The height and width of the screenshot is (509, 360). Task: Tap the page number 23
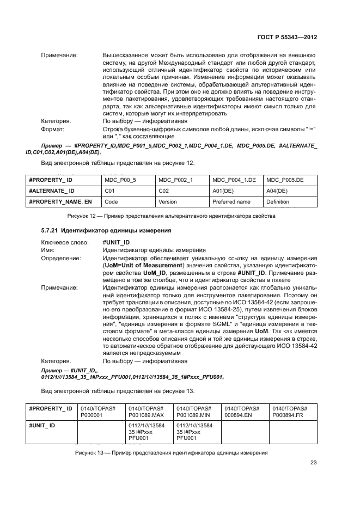(313, 463)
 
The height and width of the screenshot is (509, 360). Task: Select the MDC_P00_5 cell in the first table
(117, 179)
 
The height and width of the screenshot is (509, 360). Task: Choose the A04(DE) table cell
(277, 191)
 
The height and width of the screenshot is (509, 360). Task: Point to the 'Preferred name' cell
(231, 201)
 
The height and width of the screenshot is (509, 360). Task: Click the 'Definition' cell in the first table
(278, 201)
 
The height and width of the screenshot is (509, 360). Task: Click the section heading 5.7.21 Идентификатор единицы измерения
(106, 230)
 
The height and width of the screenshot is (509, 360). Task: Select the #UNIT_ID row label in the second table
(42, 425)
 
